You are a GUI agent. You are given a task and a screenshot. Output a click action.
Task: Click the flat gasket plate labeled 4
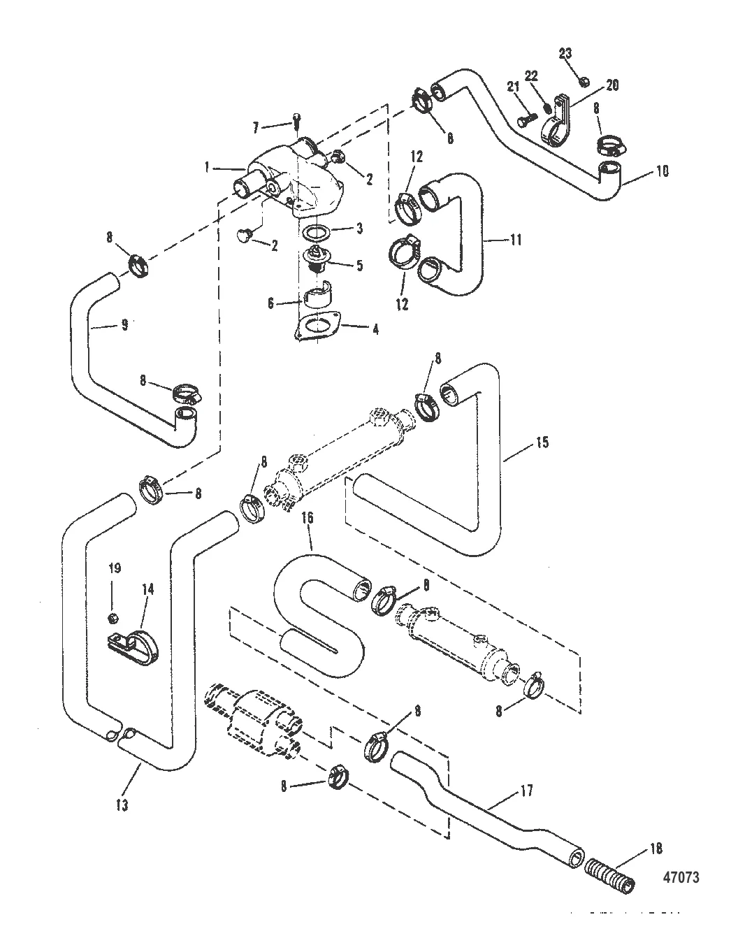(x=319, y=327)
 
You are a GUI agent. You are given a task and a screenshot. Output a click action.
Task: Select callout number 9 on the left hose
(x=124, y=325)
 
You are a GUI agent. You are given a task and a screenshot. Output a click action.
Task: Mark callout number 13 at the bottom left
(x=122, y=805)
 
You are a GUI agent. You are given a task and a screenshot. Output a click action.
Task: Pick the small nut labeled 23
(x=585, y=81)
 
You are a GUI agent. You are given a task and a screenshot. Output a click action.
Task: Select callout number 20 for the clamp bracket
(x=612, y=85)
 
